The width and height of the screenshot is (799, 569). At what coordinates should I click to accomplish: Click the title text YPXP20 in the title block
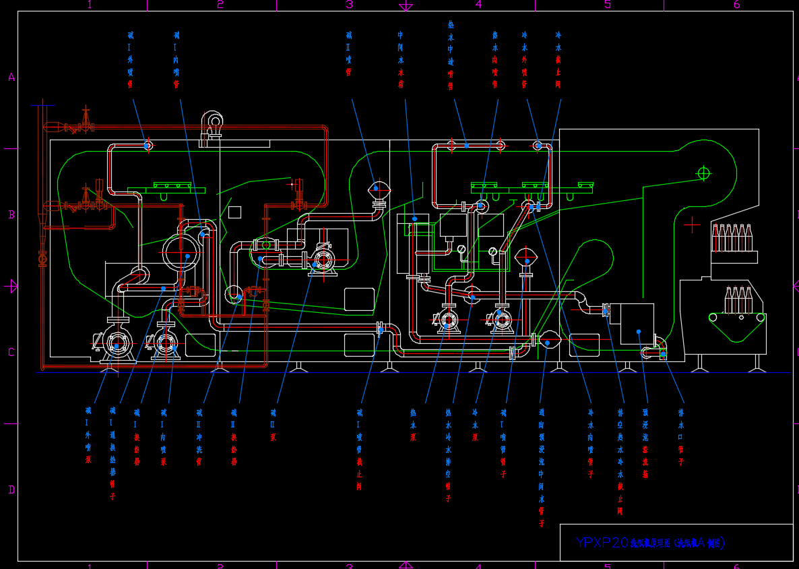coord(602,542)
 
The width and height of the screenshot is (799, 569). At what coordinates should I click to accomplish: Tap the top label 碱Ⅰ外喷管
coord(130,59)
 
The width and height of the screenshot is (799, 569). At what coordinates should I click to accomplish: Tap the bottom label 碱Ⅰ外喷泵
coord(88,436)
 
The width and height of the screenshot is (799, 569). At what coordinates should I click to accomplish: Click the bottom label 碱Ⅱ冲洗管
coord(199,436)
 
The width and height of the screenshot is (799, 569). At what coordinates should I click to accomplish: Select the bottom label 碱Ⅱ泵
coord(273,424)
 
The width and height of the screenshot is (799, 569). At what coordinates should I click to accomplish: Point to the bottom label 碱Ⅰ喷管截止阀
coord(359,449)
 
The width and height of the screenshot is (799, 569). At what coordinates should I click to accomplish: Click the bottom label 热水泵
coord(414,424)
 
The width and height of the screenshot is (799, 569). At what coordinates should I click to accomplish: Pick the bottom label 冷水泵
coord(475,424)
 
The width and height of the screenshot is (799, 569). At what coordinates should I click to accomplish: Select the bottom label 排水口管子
coord(681,436)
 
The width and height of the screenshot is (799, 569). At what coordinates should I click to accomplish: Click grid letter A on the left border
coord(11,78)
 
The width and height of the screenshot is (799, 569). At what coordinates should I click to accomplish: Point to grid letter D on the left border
coord(11,490)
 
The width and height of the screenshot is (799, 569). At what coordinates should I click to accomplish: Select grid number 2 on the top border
coord(220,5)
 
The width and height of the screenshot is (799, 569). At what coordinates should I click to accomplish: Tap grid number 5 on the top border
coord(607,5)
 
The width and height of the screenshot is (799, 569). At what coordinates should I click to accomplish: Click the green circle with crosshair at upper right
coord(703,173)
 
